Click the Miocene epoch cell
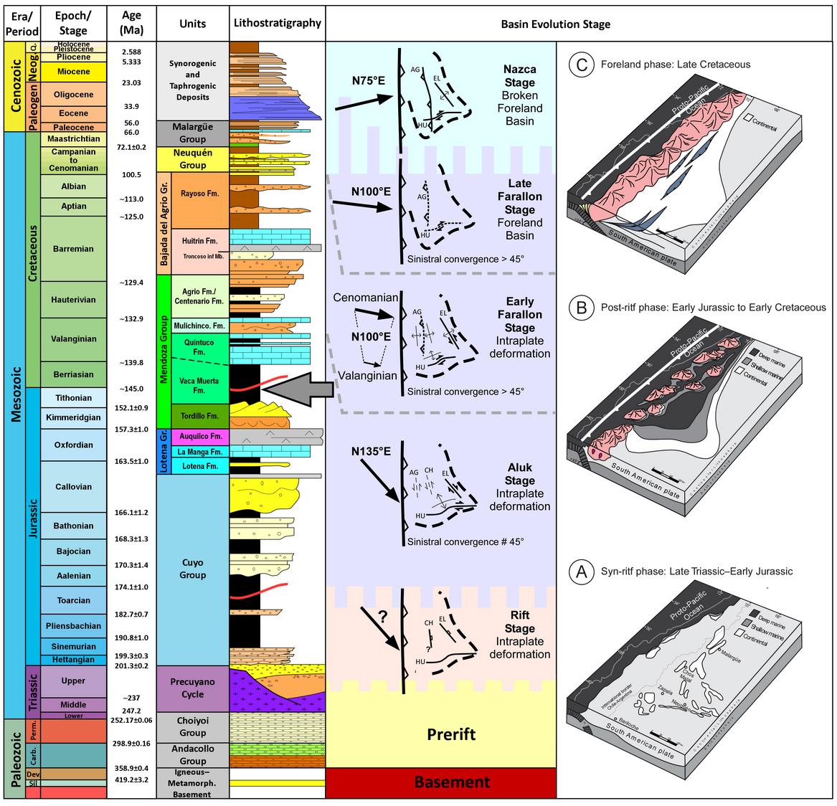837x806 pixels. tap(74, 72)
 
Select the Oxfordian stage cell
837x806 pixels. tap(74, 445)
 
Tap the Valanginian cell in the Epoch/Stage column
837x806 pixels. tap(74, 339)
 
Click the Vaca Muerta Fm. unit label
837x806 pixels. tap(199, 386)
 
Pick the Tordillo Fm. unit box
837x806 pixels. tap(199, 416)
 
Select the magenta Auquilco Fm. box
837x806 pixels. tap(200, 436)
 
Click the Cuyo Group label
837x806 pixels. tap(192, 569)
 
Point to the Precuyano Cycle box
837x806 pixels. tap(192, 688)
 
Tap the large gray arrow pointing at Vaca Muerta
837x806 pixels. tap(298, 389)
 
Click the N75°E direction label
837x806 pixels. tap(368, 80)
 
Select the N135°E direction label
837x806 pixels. tap(371, 451)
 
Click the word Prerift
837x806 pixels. tap(451, 734)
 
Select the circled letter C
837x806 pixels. tap(582, 65)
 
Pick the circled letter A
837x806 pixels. tap(582, 572)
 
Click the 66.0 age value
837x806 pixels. tap(131, 133)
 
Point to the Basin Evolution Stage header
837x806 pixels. tap(555, 24)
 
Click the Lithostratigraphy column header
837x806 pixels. tap(278, 23)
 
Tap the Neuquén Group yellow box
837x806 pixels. tap(192, 159)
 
